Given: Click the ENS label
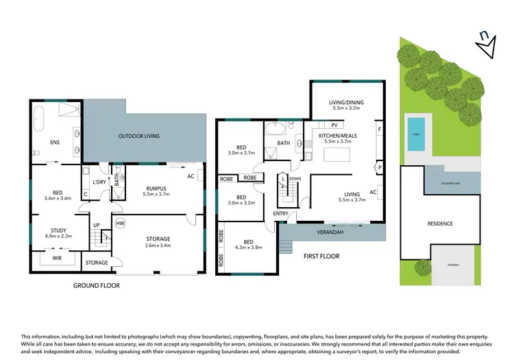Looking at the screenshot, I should pos(56,143).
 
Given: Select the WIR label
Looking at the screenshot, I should pos(58,259).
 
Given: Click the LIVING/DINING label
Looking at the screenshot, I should pos(346,102).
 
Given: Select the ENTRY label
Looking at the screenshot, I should pos(280,214).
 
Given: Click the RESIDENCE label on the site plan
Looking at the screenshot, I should pos(439,224).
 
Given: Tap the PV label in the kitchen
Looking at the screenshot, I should pos(334,125).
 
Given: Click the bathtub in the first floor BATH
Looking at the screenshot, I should pos(278,128).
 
